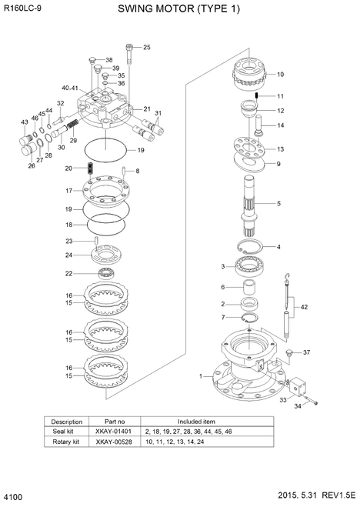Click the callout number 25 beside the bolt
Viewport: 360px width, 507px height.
click(147, 47)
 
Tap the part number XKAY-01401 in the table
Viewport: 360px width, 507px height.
click(114, 432)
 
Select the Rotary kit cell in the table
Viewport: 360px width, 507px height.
click(66, 442)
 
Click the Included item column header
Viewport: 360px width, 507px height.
click(196, 422)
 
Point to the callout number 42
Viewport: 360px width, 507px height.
click(304, 307)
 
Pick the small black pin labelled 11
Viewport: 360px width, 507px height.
click(255, 95)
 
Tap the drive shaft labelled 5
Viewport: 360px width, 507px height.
click(250, 205)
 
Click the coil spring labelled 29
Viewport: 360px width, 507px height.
click(74, 125)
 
